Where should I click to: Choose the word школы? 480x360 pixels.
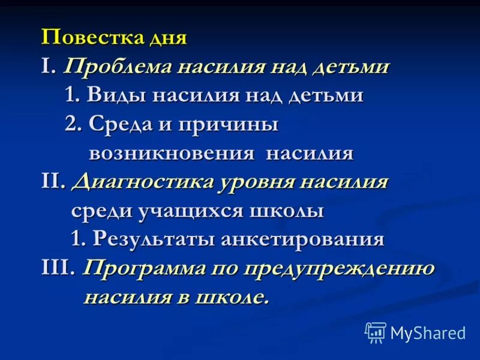click(290, 211)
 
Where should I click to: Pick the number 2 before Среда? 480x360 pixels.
click(71, 124)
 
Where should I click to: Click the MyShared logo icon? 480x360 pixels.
click(375, 332)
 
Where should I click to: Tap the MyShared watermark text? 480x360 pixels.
click(428, 333)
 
